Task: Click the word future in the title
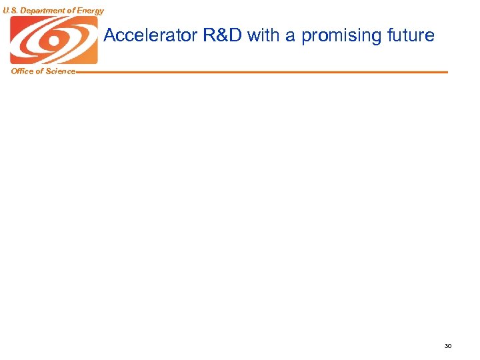(409, 35)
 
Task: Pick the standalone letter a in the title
(291, 37)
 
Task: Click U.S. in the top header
(11, 11)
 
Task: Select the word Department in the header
(42, 11)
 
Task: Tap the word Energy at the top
(90, 11)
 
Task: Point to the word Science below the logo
(60, 71)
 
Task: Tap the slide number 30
(447, 346)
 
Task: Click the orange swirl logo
(53, 40)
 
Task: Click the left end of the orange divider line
(78, 72)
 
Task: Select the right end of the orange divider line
(447, 72)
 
